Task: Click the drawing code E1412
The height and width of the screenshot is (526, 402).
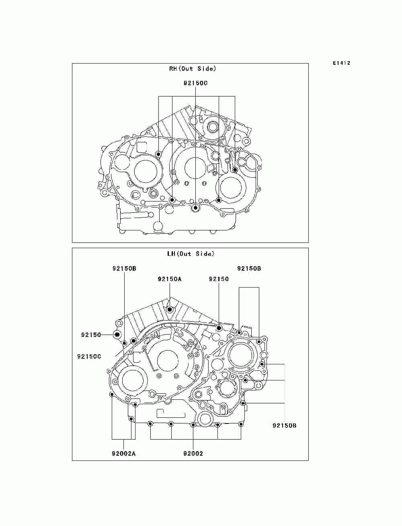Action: tap(341, 63)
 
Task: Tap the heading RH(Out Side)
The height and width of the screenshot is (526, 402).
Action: tap(193, 69)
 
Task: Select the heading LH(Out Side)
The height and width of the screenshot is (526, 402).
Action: tap(191, 253)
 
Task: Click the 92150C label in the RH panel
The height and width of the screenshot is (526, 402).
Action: tap(195, 83)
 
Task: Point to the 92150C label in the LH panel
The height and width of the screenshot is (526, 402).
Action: tap(89, 357)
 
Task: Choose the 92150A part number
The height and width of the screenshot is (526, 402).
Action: tap(170, 279)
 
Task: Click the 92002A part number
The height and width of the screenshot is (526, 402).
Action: tap(124, 453)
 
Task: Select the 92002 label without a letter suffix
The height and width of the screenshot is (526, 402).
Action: tap(193, 453)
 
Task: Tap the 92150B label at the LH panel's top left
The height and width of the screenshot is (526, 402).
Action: tap(124, 268)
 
